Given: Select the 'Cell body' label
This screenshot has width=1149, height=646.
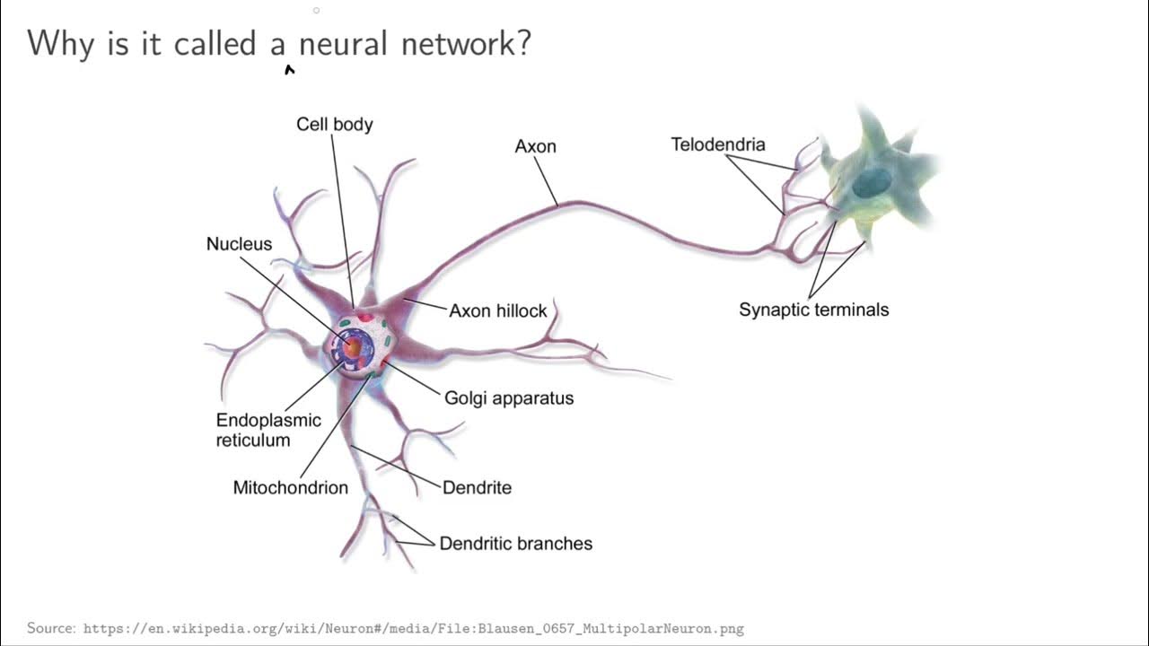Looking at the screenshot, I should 334,124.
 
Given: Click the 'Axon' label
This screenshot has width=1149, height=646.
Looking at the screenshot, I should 535,146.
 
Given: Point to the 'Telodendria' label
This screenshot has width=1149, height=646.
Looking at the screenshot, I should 718,144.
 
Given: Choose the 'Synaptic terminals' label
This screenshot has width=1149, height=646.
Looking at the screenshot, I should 813,310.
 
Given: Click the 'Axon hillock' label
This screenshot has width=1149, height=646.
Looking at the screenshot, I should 497,310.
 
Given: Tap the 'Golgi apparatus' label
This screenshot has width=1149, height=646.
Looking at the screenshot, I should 509,397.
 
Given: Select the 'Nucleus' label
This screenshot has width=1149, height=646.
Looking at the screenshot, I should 239,244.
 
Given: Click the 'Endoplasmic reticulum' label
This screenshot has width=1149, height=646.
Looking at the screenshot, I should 268,430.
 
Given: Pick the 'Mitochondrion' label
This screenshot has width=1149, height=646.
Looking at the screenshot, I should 290,488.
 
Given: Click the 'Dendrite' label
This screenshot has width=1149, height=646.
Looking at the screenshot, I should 477,488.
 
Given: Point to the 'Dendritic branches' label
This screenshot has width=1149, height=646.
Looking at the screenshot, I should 515,544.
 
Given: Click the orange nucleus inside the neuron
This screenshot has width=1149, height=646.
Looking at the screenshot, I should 354,345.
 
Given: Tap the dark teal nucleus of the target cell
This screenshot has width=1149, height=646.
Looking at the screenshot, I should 868,184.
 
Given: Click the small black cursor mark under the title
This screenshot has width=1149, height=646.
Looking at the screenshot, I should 289,69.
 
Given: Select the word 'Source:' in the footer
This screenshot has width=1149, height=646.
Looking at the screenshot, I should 51,628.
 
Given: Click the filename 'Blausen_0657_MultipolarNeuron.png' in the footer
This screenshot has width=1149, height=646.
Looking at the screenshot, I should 618,628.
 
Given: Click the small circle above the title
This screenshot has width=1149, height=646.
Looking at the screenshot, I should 316,11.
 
